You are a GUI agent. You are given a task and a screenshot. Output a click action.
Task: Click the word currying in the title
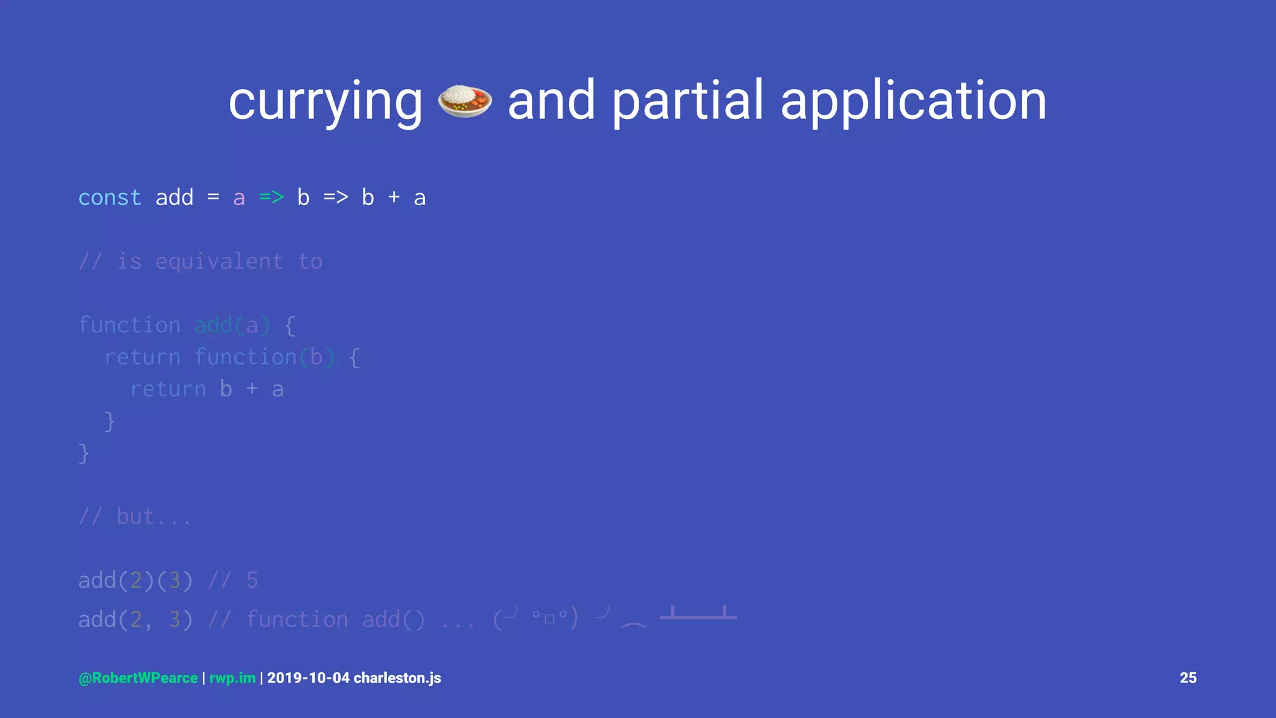(325, 101)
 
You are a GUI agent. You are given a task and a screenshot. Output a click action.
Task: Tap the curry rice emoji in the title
(465, 101)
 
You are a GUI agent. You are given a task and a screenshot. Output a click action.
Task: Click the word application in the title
(913, 101)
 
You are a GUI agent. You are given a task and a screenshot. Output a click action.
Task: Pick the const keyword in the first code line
(110, 198)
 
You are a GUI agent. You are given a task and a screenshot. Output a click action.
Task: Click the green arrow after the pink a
(271, 198)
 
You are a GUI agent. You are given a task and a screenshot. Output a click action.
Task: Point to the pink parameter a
(239, 198)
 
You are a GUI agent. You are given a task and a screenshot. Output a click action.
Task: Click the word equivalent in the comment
(219, 261)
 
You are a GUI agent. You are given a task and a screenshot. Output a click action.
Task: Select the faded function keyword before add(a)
(129, 325)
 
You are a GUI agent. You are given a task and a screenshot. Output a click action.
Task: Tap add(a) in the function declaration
(232, 325)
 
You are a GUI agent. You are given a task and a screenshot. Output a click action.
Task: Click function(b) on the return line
(264, 357)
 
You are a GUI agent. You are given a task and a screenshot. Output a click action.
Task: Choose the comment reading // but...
(135, 517)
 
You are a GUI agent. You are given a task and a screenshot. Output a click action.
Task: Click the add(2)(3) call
(135, 580)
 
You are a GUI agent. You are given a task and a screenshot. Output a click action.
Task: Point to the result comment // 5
(232, 580)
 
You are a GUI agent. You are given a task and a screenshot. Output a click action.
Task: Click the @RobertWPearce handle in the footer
(138, 678)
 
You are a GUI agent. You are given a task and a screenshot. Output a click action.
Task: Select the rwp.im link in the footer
(232, 678)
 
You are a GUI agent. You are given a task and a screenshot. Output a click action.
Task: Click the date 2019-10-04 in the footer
(308, 678)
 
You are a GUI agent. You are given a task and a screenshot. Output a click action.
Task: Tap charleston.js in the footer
(398, 678)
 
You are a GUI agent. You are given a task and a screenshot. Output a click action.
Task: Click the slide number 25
(1188, 678)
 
